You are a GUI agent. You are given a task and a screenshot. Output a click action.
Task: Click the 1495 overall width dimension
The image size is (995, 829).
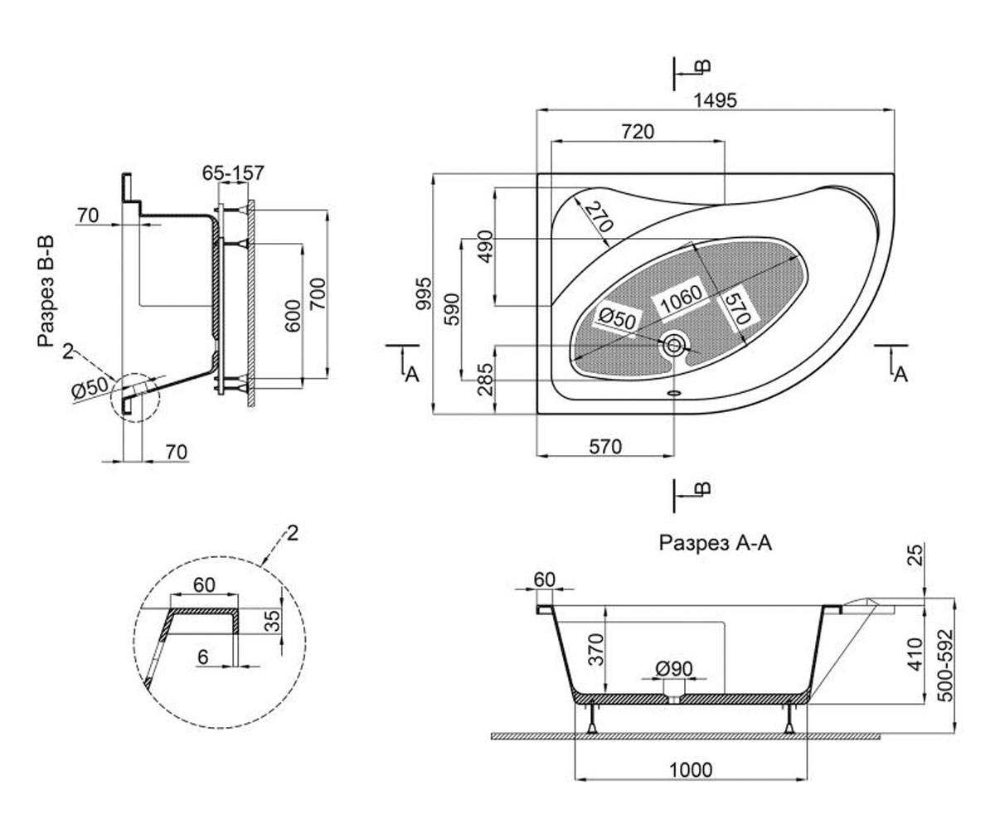[715, 100]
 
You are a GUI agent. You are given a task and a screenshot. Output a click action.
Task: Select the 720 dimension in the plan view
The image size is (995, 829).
[638, 132]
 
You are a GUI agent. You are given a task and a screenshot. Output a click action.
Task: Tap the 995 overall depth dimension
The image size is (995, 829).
[424, 293]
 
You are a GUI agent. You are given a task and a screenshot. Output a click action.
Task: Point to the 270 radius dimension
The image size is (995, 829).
[599, 216]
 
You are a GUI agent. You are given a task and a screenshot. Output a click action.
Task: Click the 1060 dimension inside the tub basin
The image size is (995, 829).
[682, 299]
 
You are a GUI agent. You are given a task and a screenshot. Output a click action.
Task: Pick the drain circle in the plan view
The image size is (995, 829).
[674, 345]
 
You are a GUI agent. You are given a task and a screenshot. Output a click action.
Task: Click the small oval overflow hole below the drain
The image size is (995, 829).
[674, 393]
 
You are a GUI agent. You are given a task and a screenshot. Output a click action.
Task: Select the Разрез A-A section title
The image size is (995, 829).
[716, 543]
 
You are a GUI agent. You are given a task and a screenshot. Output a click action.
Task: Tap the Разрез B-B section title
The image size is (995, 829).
[46, 291]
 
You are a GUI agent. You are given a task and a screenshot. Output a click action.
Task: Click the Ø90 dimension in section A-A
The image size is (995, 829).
[674, 668]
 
